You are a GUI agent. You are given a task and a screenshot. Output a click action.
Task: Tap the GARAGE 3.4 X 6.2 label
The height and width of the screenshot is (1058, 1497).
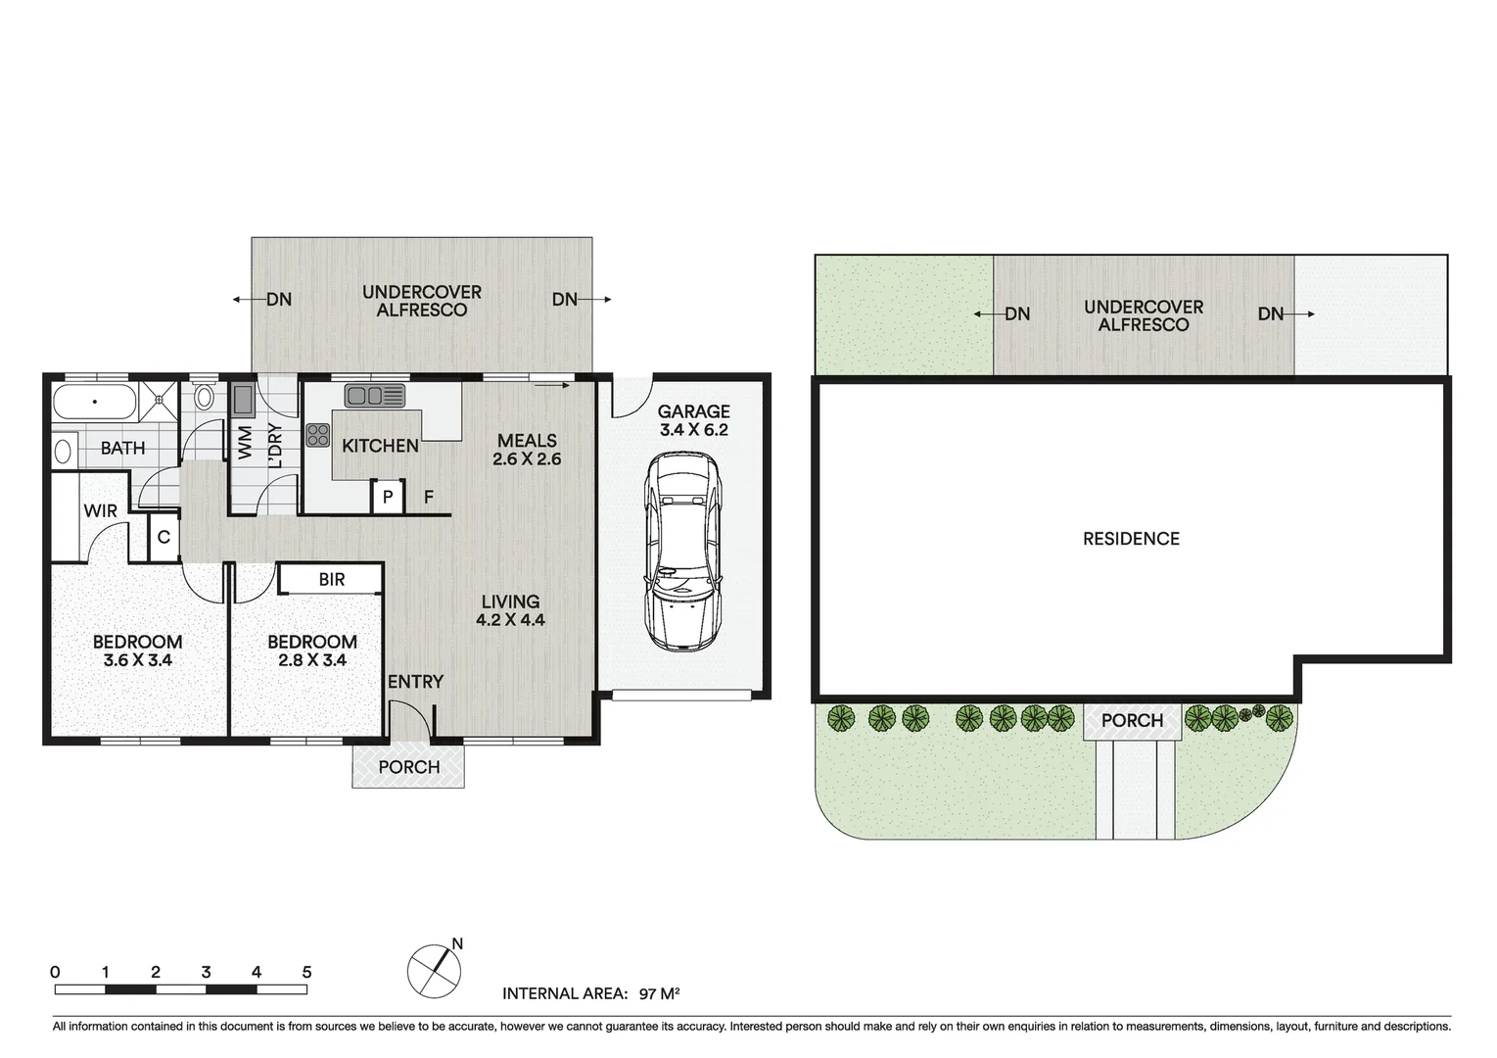click(693, 420)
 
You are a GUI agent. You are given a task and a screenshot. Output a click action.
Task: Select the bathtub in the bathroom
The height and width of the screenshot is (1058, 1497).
click(94, 402)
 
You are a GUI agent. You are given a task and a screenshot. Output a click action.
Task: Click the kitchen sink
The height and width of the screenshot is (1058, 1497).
click(374, 395)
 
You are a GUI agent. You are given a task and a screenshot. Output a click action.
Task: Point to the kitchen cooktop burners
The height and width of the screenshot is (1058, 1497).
click(318, 435)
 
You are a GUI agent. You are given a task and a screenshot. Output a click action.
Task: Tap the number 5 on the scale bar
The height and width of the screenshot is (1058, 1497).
click(306, 973)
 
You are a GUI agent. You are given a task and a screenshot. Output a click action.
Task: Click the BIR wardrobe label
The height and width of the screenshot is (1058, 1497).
click(331, 579)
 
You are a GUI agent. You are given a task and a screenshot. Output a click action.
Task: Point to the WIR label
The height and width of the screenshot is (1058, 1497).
click(100, 511)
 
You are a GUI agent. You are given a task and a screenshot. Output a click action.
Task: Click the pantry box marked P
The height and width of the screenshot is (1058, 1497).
click(388, 498)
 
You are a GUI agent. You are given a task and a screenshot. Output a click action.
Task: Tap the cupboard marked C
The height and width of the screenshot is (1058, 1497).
click(164, 537)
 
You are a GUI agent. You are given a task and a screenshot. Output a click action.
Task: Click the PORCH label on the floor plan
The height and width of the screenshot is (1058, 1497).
click(408, 767)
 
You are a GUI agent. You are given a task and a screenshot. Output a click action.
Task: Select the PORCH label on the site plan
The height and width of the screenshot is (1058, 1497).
click(1132, 721)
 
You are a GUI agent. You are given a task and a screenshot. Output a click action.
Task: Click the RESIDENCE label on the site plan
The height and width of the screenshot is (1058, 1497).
click(1131, 539)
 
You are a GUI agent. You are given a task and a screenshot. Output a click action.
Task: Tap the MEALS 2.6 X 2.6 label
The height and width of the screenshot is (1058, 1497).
click(527, 450)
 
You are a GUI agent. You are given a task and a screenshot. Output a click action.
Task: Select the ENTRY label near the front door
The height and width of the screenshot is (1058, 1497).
click(415, 682)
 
